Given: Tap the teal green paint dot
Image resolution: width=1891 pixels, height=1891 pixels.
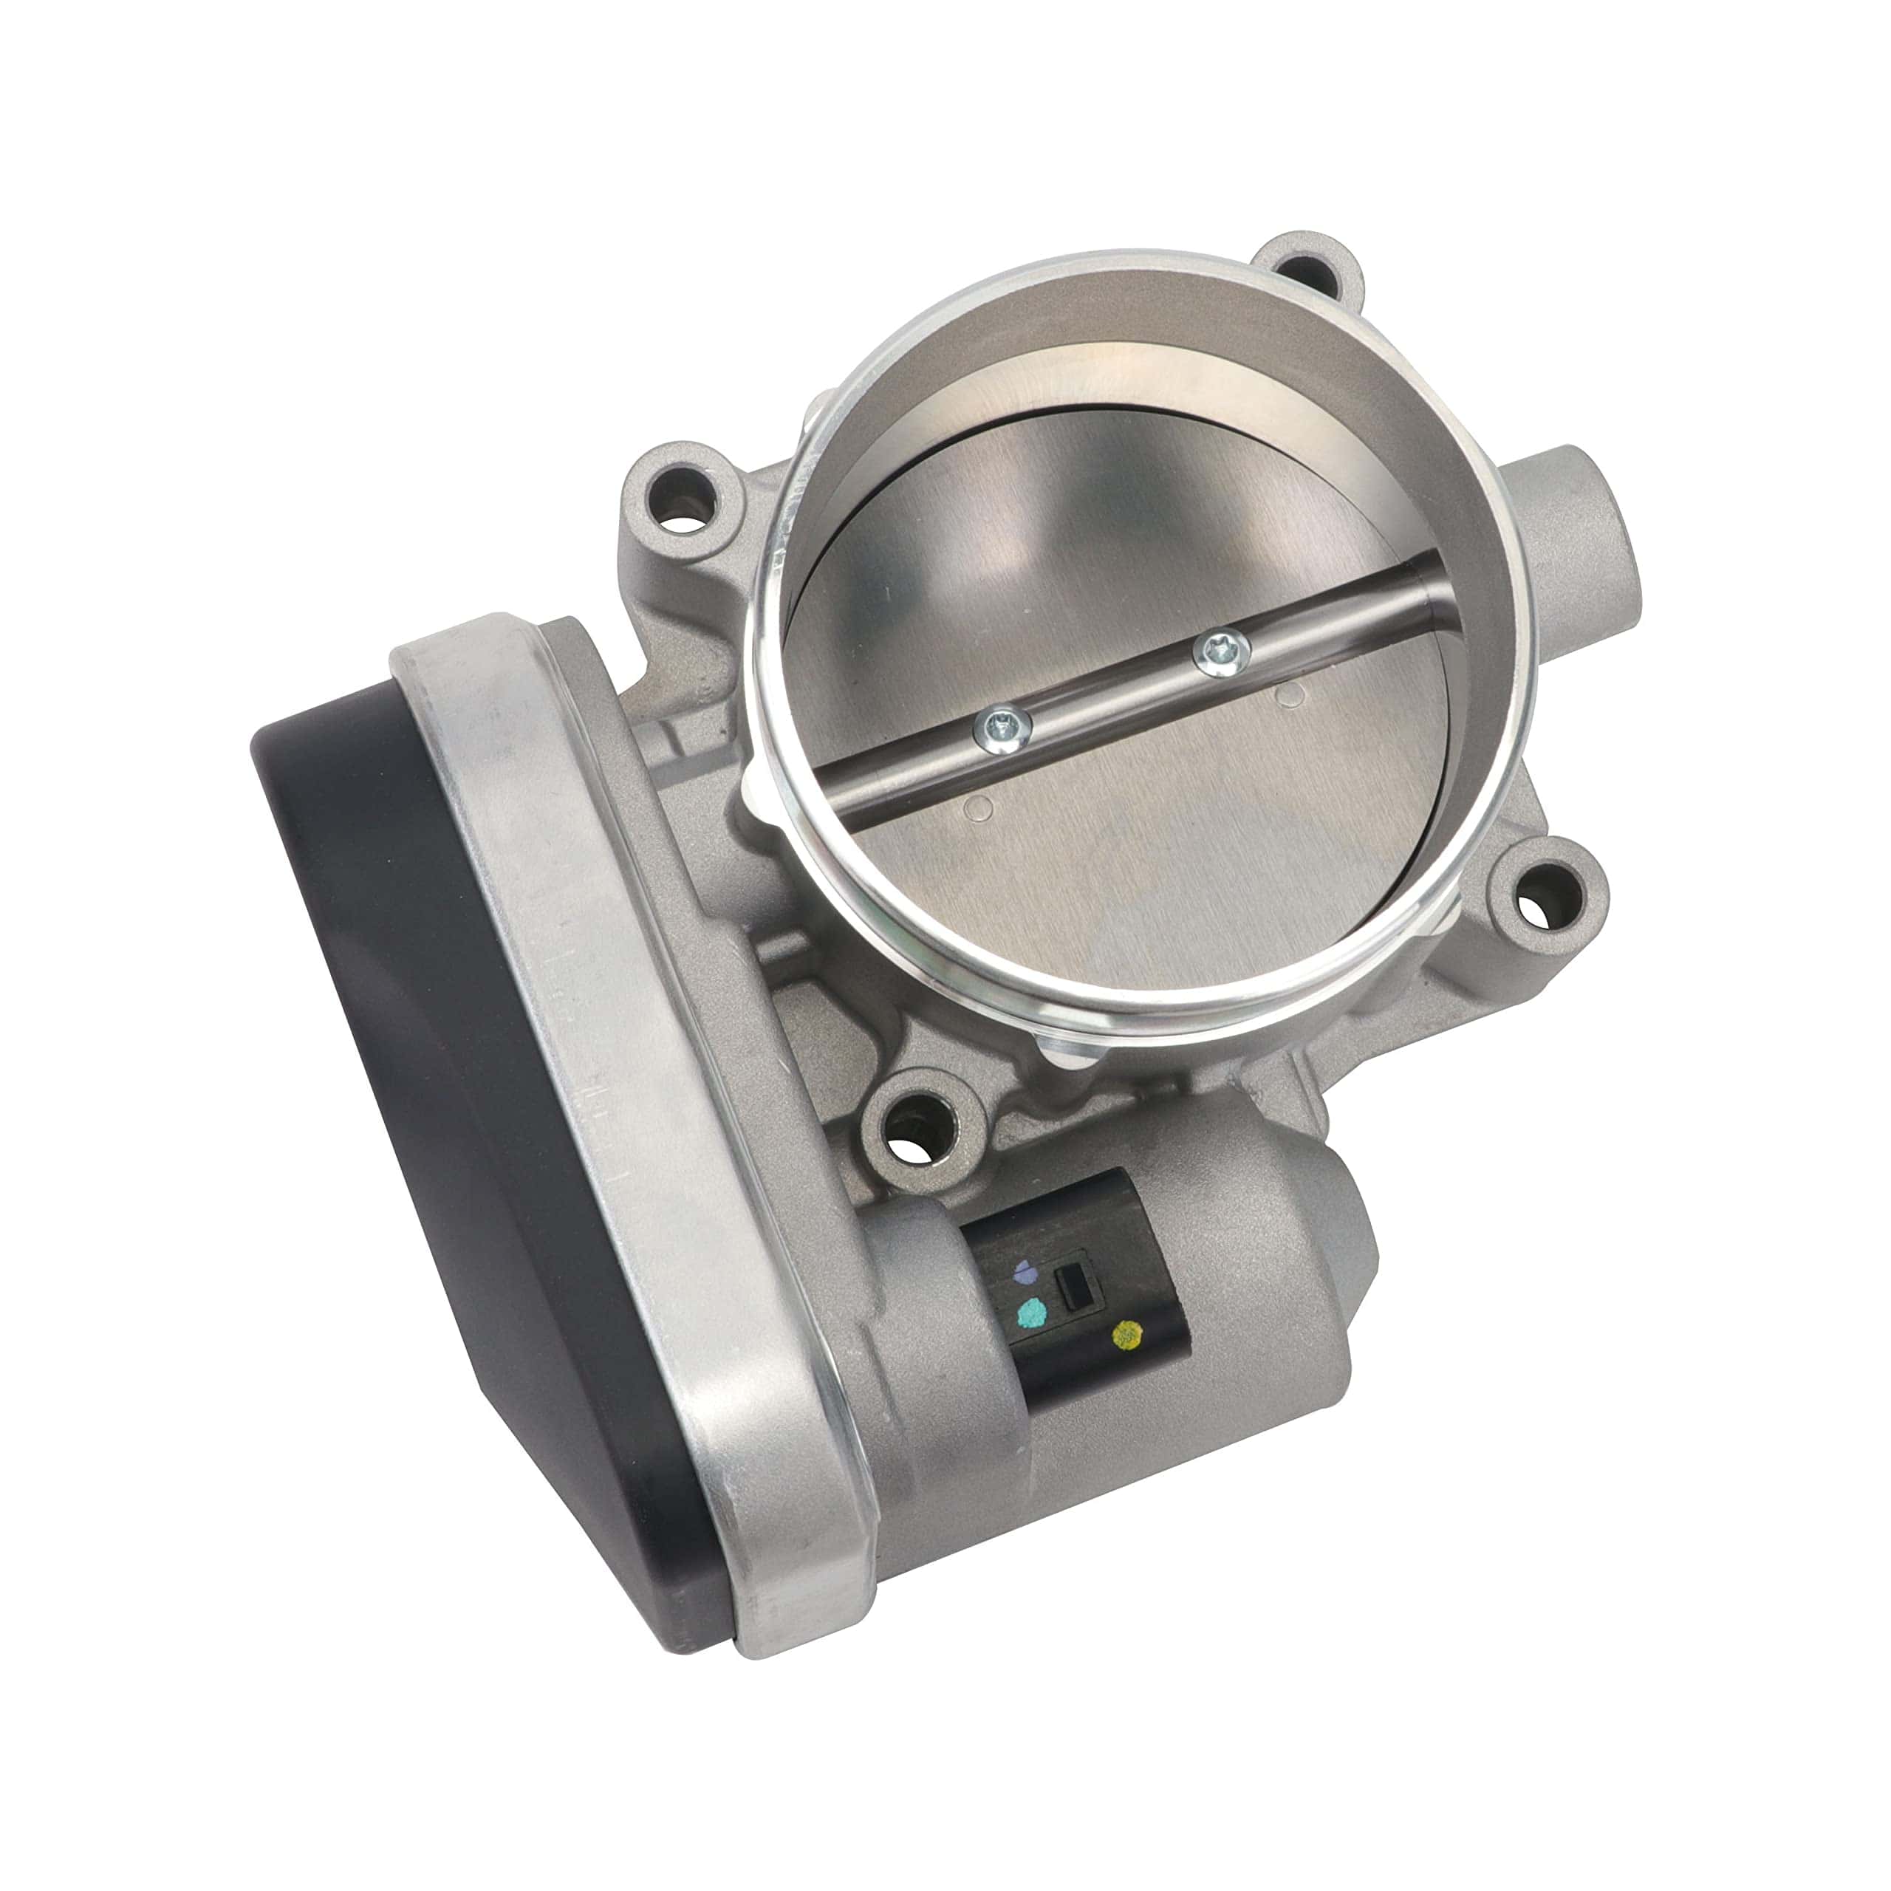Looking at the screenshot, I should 1029,1312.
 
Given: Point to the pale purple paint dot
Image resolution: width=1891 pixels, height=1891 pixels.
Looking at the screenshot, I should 1025,1271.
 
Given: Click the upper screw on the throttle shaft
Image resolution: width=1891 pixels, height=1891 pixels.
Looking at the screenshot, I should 1223,652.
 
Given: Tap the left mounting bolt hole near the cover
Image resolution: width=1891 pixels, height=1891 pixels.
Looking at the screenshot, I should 684,516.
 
